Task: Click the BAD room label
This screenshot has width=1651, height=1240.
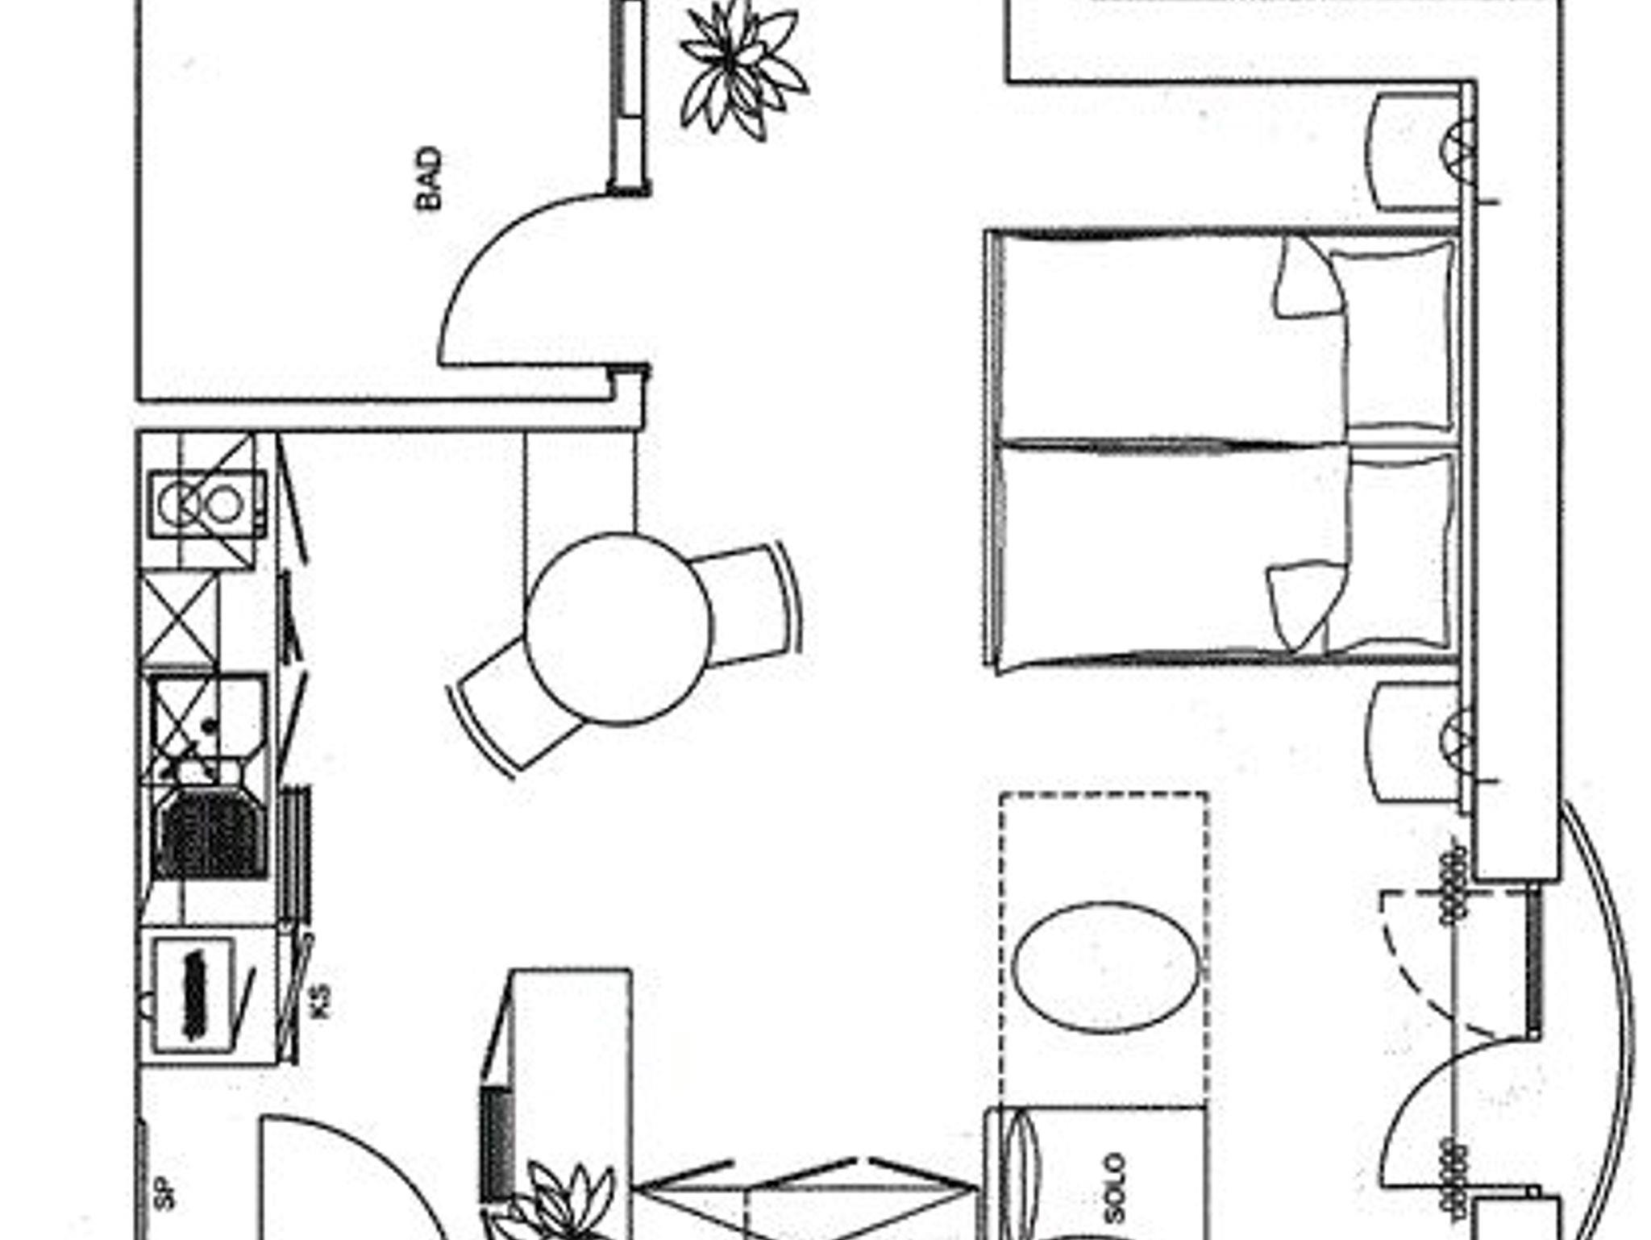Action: [x=430, y=178]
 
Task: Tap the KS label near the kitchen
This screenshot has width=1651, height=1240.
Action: [x=320, y=1001]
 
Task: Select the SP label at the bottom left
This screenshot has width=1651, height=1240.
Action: [x=164, y=1193]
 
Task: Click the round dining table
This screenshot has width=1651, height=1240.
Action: [x=618, y=627]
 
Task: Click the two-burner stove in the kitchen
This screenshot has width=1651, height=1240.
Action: [x=208, y=505]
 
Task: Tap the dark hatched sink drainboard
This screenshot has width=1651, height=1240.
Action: [x=211, y=835]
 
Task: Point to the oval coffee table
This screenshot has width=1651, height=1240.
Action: [x=1104, y=966]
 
